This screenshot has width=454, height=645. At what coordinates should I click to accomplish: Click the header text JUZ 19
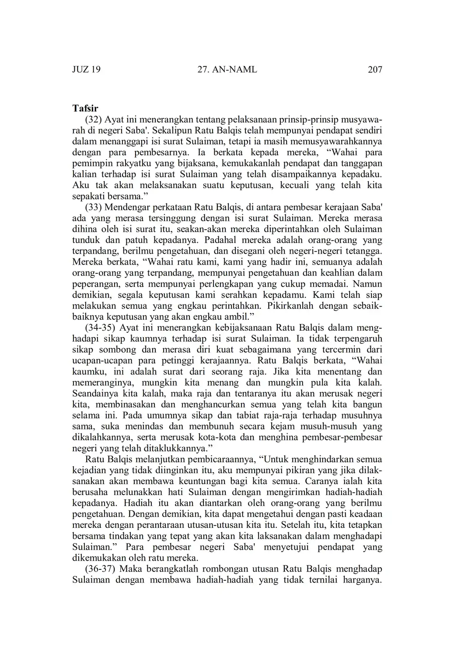(86, 70)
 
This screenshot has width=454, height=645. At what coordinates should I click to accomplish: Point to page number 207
(375, 70)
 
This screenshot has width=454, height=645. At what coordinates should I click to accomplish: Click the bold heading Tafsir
(85, 108)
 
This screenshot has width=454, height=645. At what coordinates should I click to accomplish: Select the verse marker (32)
(93, 120)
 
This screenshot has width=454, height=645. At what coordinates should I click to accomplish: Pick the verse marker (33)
(93, 207)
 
